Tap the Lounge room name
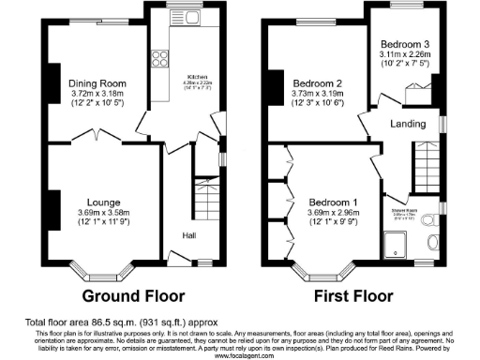click(x=104, y=202)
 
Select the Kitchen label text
click(x=197, y=75)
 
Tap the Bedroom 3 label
click(x=406, y=43)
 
